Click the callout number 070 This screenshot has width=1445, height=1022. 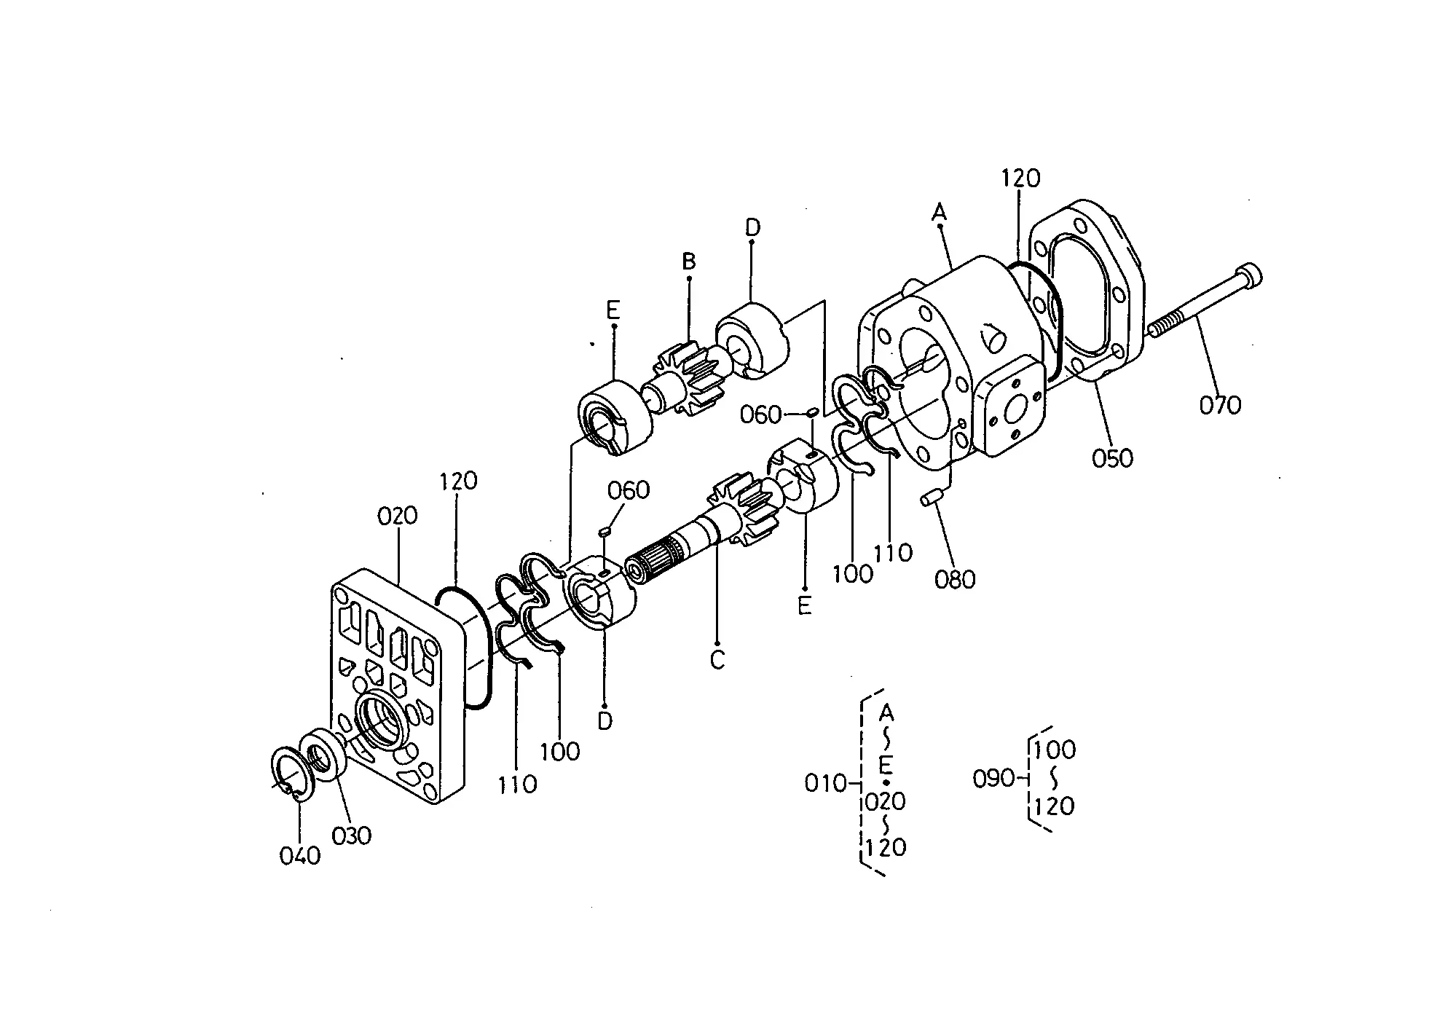click(1220, 404)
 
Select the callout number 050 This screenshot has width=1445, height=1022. click(1113, 458)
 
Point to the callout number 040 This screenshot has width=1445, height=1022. click(299, 855)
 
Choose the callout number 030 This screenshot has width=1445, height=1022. click(351, 835)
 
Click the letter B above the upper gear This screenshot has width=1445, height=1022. click(688, 262)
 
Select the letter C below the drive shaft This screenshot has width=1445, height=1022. click(717, 660)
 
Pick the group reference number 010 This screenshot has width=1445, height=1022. click(825, 783)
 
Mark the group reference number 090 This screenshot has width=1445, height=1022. click(993, 779)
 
